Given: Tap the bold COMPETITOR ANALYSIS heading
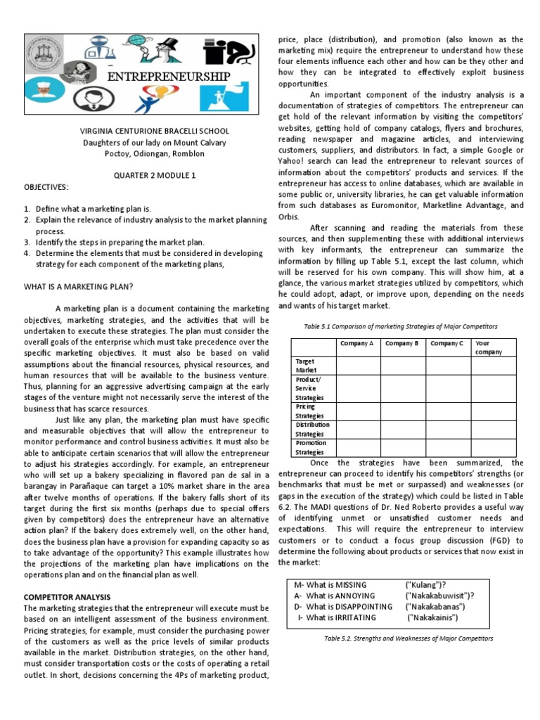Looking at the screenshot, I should coord(67,597).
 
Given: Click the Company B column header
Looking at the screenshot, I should coord(401,343).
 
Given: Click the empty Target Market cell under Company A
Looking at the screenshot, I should coord(358,366).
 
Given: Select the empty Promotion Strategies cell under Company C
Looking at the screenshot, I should coord(449,448).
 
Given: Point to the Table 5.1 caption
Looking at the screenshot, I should coord(400,326).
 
